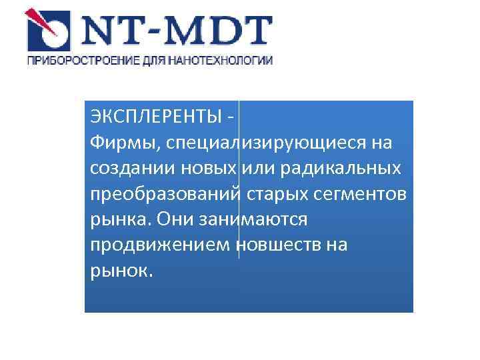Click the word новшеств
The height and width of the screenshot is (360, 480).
277,245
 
